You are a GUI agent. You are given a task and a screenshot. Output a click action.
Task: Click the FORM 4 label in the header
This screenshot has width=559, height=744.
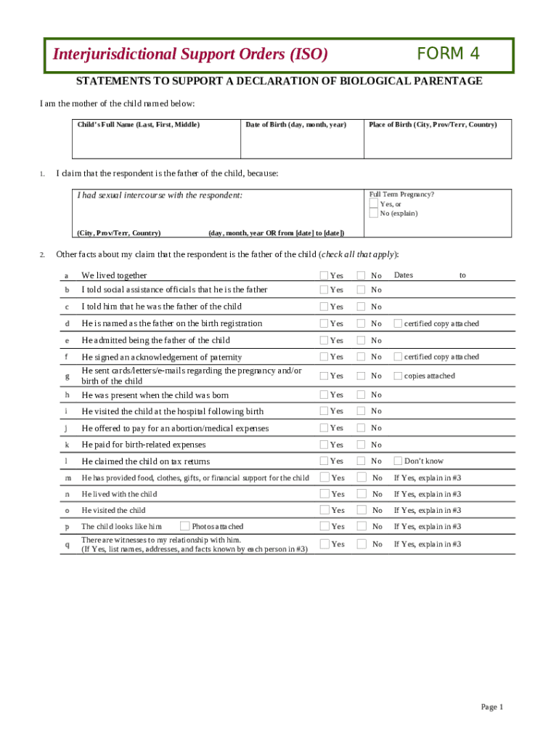coord(448,54)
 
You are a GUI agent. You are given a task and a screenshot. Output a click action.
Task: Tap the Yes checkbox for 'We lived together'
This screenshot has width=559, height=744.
coord(325,275)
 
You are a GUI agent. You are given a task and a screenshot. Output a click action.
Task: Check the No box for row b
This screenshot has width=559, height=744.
coord(361,289)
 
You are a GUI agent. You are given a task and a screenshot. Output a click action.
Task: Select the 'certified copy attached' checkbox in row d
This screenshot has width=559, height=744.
coord(398,323)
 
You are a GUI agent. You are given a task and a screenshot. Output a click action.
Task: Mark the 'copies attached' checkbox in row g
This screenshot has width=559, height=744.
coord(398,376)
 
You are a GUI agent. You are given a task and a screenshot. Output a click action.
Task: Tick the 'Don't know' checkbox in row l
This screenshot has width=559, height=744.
coord(398,461)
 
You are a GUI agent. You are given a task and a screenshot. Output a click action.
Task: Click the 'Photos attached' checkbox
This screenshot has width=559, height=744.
coord(184,526)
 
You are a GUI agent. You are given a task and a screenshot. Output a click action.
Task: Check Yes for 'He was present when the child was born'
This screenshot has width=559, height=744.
coord(325,395)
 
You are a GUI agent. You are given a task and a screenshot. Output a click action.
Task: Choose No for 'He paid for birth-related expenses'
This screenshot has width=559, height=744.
coord(361,444)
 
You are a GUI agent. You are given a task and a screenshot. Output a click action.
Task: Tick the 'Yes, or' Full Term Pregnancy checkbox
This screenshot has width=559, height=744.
coord(373,204)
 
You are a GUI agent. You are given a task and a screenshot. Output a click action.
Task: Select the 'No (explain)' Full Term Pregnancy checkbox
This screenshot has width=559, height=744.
coord(373,214)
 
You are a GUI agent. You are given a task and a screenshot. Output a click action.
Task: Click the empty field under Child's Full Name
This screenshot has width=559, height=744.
coord(156,144)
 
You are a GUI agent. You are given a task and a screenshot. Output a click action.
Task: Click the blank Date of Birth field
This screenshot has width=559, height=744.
coord(301,144)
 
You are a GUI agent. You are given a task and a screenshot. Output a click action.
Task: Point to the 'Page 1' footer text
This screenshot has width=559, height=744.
coord(491,707)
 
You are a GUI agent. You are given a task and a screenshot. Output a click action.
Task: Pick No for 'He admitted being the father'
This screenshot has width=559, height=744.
coord(361,340)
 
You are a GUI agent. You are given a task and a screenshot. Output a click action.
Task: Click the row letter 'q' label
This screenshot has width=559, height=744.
coord(67,544)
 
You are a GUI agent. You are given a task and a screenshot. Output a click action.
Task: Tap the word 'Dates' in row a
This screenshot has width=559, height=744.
coord(403,275)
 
